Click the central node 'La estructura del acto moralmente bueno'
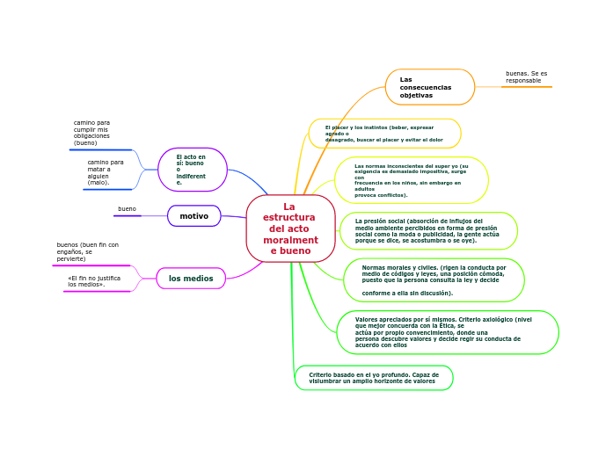click(x=290, y=228)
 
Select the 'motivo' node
click(x=194, y=216)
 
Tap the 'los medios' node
click(x=191, y=279)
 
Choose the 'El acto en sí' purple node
click(x=193, y=170)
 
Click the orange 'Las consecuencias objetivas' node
click(x=429, y=87)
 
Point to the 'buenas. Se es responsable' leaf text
click(x=526, y=77)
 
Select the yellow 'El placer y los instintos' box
click(x=384, y=134)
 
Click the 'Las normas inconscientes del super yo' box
click(x=412, y=180)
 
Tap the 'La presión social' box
click(x=428, y=231)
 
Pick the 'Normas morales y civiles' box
click(x=434, y=280)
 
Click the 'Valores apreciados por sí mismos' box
click(x=448, y=332)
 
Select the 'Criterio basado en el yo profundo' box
click(x=374, y=378)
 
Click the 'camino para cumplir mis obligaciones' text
click(x=91, y=133)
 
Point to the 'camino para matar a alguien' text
click(x=105, y=172)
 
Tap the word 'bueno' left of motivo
click(x=127, y=209)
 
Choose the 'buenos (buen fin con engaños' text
click(x=87, y=251)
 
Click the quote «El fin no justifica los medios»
click(x=94, y=281)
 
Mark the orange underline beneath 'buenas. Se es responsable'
click(x=526, y=87)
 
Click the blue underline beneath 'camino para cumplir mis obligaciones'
click(x=100, y=150)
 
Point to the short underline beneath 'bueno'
click(x=127, y=215)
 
